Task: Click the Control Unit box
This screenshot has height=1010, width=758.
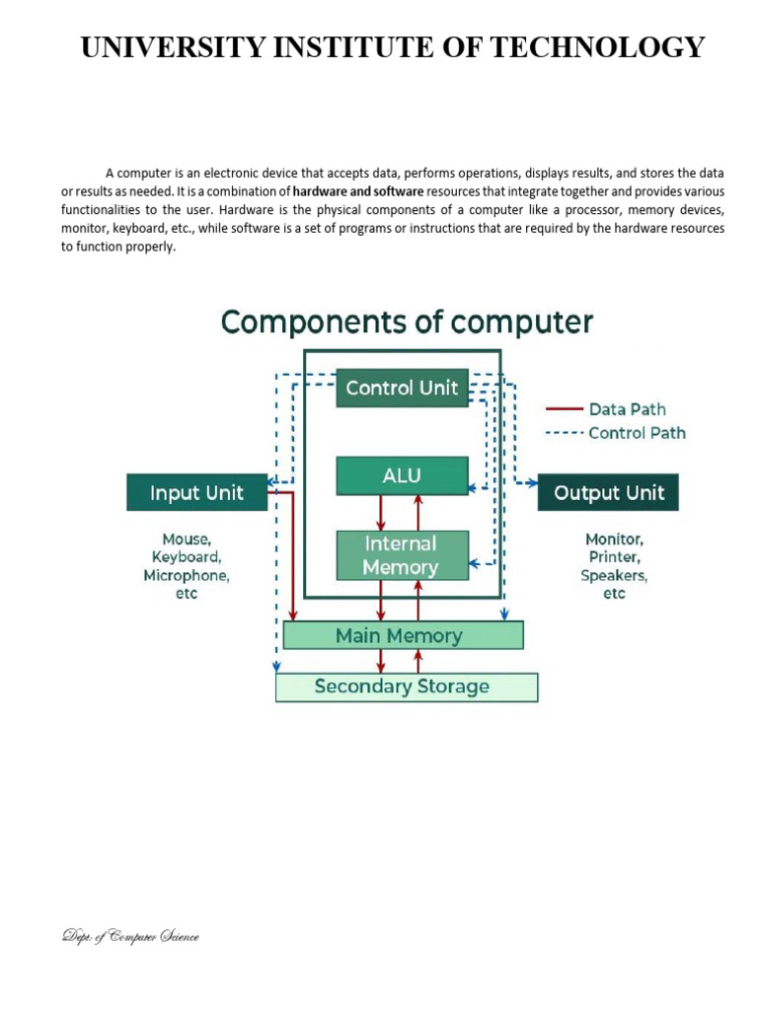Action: pyautogui.click(x=402, y=388)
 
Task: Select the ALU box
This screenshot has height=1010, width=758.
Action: pyautogui.click(x=402, y=475)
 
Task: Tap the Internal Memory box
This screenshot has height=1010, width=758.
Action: pyautogui.click(x=402, y=555)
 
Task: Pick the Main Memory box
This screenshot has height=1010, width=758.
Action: pyautogui.click(x=403, y=635)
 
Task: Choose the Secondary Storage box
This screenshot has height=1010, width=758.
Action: pyautogui.click(x=406, y=686)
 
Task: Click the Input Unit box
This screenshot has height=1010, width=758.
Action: pyautogui.click(x=196, y=492)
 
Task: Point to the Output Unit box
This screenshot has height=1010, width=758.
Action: pyautogui.click(x=608, y=492)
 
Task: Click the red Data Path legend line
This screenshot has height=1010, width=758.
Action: pyautogui.click(x=565, y=409)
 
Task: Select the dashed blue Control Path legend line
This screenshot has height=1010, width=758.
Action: pyautogui.click(x=565, y=433)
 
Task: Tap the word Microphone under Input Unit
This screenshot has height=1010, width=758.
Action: pyautogui.click(x=187, y=575)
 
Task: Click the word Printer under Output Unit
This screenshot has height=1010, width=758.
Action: pyautogui.click(x=614, y=557)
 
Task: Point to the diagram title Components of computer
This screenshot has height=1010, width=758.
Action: pyautogui.click(x=407, y=323)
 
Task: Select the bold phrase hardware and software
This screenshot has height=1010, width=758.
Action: pyautogui.click(x=358, y=190)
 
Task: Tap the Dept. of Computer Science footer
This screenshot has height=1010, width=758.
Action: pyautogui.click(x=129, y=936)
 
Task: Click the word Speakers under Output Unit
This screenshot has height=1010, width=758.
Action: pyautogui.click(x=614, y=575)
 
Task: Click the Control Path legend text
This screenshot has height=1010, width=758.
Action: pyautogui.click(x=637, y=433)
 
